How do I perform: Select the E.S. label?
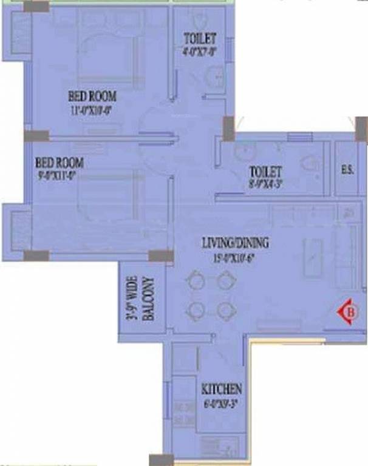[347, 171]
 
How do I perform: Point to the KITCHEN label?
[221, 389]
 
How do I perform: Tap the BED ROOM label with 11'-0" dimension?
[91, 96]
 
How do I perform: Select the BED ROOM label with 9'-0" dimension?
[59, 163]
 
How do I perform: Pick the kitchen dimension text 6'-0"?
[220, 402]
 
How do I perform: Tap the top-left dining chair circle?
[196, 281]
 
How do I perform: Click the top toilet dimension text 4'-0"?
[200, 52]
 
